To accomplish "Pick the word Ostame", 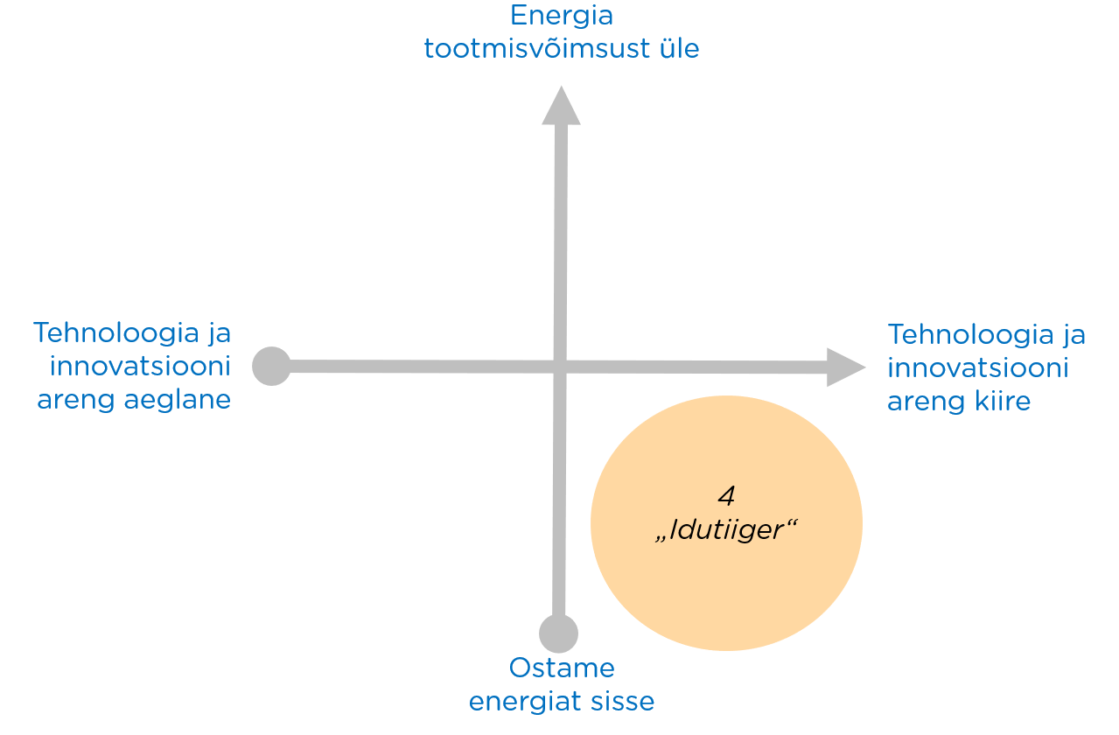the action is click(x=562, y=668).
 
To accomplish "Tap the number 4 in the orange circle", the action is click(x=727, y=495).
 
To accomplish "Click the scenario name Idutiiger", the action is click(x=726, y=529).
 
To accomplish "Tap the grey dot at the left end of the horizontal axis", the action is click(x=272, y=367).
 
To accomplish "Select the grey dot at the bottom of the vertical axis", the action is click(x=558, y=633).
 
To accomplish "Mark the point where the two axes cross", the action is click(x=560, y=367).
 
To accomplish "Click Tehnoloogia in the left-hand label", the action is click(x=116, y=332).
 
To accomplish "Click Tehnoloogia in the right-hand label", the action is click(x=970, y=333).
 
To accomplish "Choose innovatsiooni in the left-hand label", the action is click(x=140, y=367).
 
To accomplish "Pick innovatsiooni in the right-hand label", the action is click(x=978, y=367).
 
